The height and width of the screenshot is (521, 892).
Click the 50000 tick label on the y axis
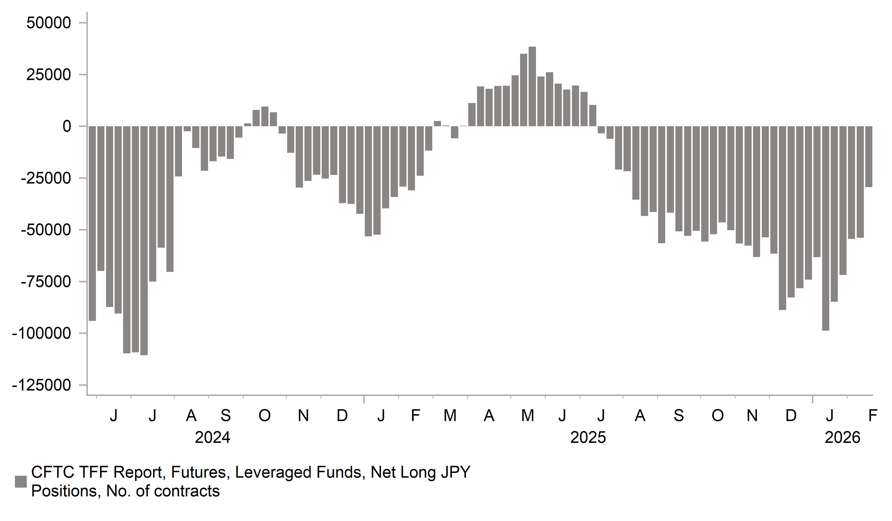pyautogui.click(x=49, y=23)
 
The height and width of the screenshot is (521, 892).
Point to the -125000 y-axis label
pyautogui.click(x=41, y=385)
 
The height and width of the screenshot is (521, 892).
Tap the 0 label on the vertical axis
pyautogui.click(x=67, y=126)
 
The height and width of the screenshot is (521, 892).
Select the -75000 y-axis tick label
pyautogui.click(x=46, y=282)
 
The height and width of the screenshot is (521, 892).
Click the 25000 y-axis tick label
pyautogui.click(x=49, y=75)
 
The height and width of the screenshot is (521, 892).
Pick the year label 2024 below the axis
pyautogui.click(x=212, y=438)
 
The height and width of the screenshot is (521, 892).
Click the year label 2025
pyautogui.click(x=588, y=438)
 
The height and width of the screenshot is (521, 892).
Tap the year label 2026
pyautogui.click(x=843, y=438)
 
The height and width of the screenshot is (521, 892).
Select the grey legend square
pyautogui.click(x=21, y=482)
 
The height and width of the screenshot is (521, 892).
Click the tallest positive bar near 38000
pyautogui.click(x=532, y=86)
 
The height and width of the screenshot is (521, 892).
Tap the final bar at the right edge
pyautogui.click(x=869, y=157)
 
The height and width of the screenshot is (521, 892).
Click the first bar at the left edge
pyautogui.click(x=92, y=224)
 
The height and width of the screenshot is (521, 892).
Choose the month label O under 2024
pyautogui.click(x=264, y=415)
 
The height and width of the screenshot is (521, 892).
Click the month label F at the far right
pyautogui.click(x=873, y=415)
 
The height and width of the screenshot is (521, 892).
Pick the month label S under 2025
pyautogui.click(x=678, y=415)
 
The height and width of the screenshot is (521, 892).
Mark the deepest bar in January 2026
pyautogui.click(x=825, y=229)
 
